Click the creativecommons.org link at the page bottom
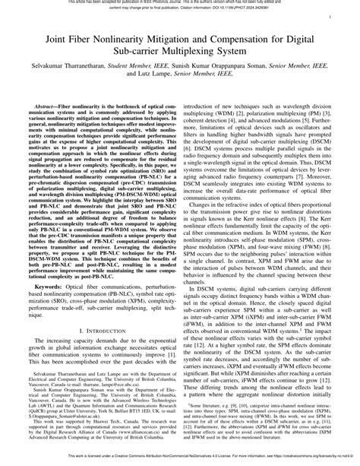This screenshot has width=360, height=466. coord(296,459)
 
